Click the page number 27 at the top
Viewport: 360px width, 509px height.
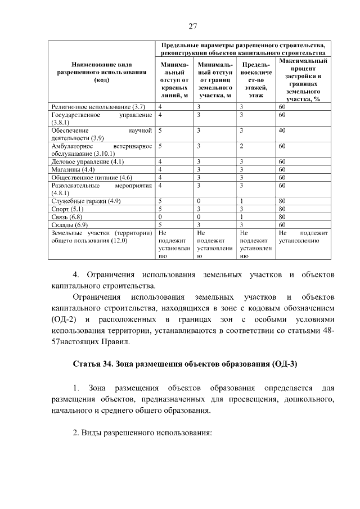192,26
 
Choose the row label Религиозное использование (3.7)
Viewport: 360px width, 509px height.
98,106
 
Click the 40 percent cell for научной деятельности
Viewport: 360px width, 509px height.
282,130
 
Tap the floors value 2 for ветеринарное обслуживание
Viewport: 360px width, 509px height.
241,146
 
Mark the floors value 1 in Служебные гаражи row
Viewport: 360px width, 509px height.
241,201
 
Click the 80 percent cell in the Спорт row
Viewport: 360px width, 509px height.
282,209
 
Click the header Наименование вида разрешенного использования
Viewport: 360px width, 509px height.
102,73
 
